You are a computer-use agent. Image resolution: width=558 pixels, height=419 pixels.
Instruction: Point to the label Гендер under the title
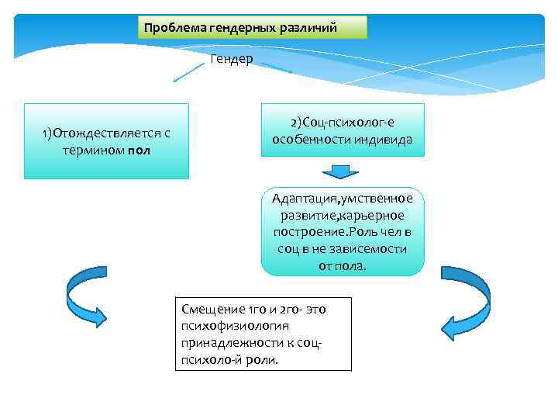pyautogui.click(x=231, y=60)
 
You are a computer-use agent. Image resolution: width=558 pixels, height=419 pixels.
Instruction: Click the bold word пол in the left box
pyautogui.click(x=140, y=149)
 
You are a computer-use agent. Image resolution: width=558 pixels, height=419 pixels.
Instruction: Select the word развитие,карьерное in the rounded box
pyautogui.click(x=343, y=215)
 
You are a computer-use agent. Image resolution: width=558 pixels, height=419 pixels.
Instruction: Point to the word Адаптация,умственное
pyautogui.click(x=343, y=198)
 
